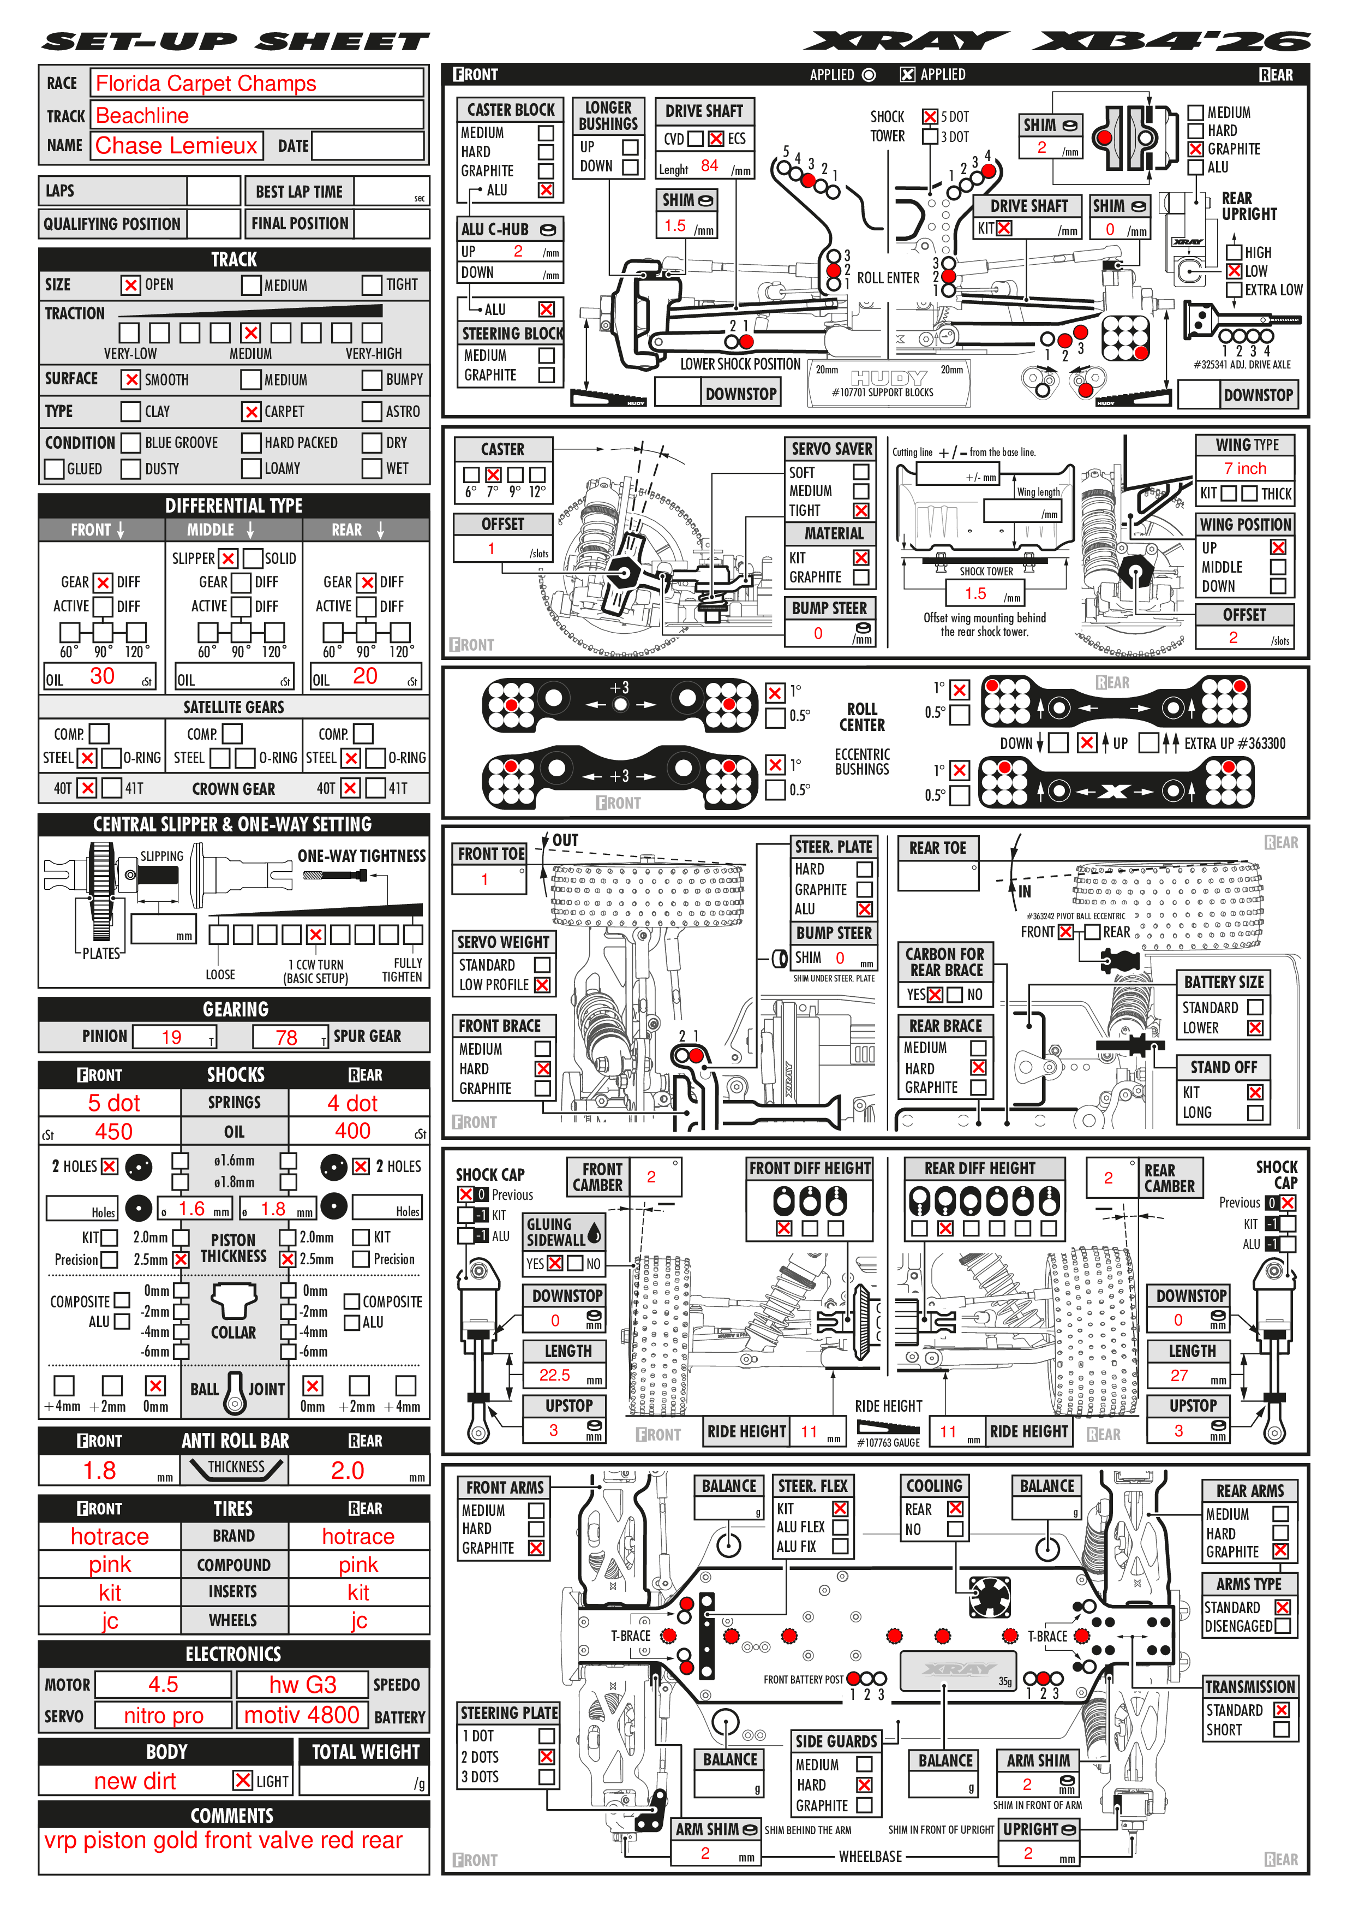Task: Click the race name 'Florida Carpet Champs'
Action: [x=206, y=84]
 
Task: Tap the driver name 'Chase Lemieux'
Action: [x=176, y=146]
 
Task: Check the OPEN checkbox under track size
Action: [x=131, y=286]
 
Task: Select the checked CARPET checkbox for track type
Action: [x=251, y=411]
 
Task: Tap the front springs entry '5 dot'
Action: [x=113, y=1103]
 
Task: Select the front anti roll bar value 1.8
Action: [x=99, y=1471]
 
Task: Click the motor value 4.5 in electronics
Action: [x=163, y=1685]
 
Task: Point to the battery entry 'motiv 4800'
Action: [x=302, y=1716]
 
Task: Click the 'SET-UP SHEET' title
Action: [x=236, y=41]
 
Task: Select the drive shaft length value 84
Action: [x=709, y=166]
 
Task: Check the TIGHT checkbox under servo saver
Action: [x=861, y=510]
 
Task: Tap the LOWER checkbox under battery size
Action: [x=1255, y=1028]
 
